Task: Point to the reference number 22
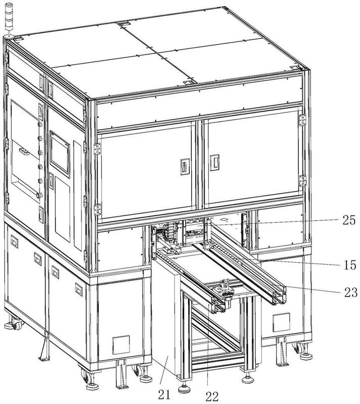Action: point(213,395)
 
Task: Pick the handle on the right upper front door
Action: point(214,163)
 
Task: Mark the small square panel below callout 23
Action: point(280,322)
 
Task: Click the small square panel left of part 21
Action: point(120,345)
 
